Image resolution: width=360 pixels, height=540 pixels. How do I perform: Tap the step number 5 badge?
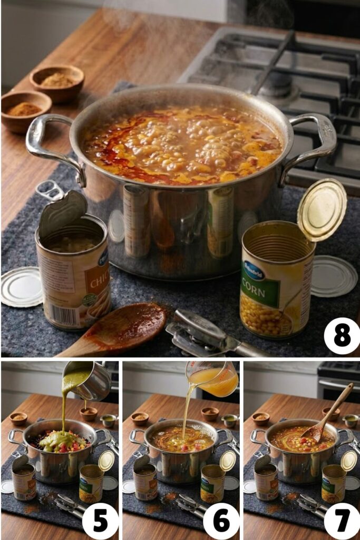point(100,521)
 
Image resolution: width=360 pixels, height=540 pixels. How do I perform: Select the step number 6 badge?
point(221,521)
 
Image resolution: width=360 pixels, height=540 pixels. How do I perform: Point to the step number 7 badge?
point(342,521)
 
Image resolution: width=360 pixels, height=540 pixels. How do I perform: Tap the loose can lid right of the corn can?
point(334,276)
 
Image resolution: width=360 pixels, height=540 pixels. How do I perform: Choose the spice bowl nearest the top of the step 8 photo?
point(57,82)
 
